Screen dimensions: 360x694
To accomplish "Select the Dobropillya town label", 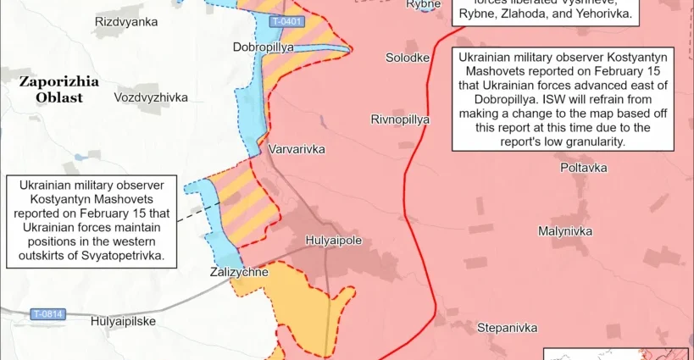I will (263, 47).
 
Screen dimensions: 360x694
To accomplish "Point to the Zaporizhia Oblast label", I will (59, 89).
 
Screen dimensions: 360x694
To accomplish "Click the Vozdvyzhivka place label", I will (150, 97).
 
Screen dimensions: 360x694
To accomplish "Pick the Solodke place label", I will (407, 58).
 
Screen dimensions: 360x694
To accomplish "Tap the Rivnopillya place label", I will (400, 119).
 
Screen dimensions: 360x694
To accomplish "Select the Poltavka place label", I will (583, 168).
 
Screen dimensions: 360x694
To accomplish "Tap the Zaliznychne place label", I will (239, 272).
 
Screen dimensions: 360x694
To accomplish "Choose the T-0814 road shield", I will (47, 314).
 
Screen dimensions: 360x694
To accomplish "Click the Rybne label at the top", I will (423, 4).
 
